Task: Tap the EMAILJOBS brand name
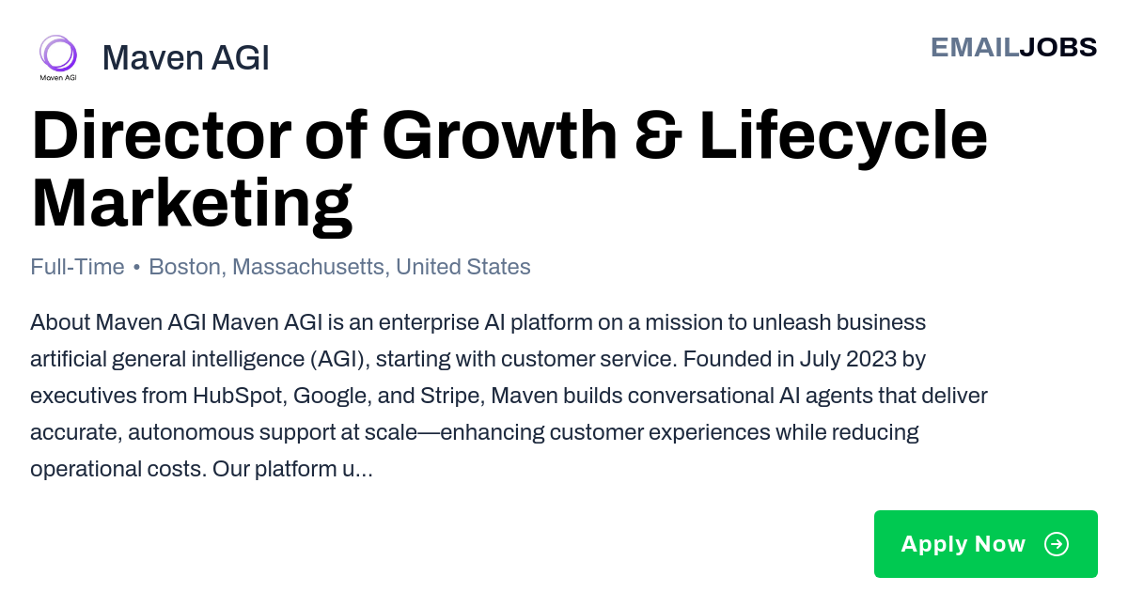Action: click(1013, 48)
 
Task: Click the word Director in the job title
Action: click(162, 135)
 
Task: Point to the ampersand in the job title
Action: click(658, 135)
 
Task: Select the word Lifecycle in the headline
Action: click(844, 139)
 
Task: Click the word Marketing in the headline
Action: click(192, 207)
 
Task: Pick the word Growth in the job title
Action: click(499, 135)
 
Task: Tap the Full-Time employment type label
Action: click(77, 267)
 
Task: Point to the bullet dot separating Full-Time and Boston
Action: click(136, 268)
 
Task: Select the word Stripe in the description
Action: click(452, 397)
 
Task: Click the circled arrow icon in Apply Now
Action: click(1057, 544)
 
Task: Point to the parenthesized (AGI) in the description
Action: click(340, 360)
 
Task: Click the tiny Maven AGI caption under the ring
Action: click(58, 77)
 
